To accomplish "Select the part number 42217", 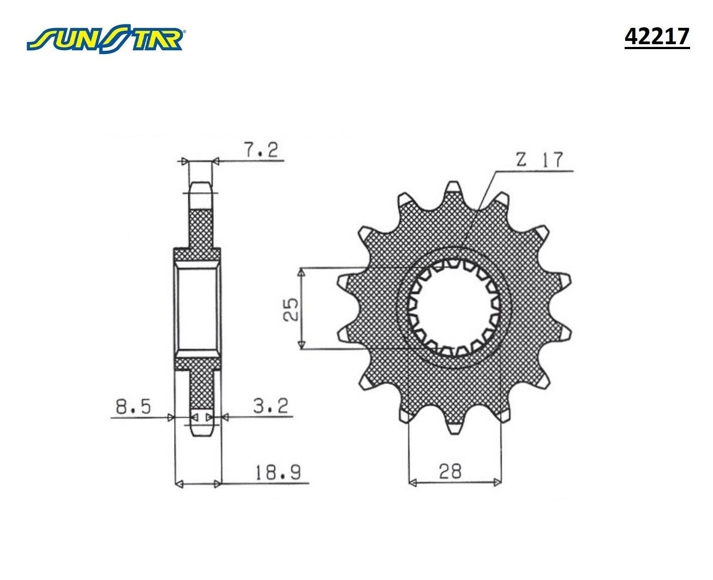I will tap(657, 37).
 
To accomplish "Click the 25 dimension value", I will tap(291, 309).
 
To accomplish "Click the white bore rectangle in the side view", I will tap(198, 309).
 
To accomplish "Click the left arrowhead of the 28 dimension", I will tap(412, 482).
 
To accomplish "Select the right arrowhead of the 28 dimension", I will tap(497, 482).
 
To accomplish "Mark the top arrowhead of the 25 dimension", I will tap(301, 272).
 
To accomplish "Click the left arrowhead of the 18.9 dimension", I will tap(177, 483).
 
